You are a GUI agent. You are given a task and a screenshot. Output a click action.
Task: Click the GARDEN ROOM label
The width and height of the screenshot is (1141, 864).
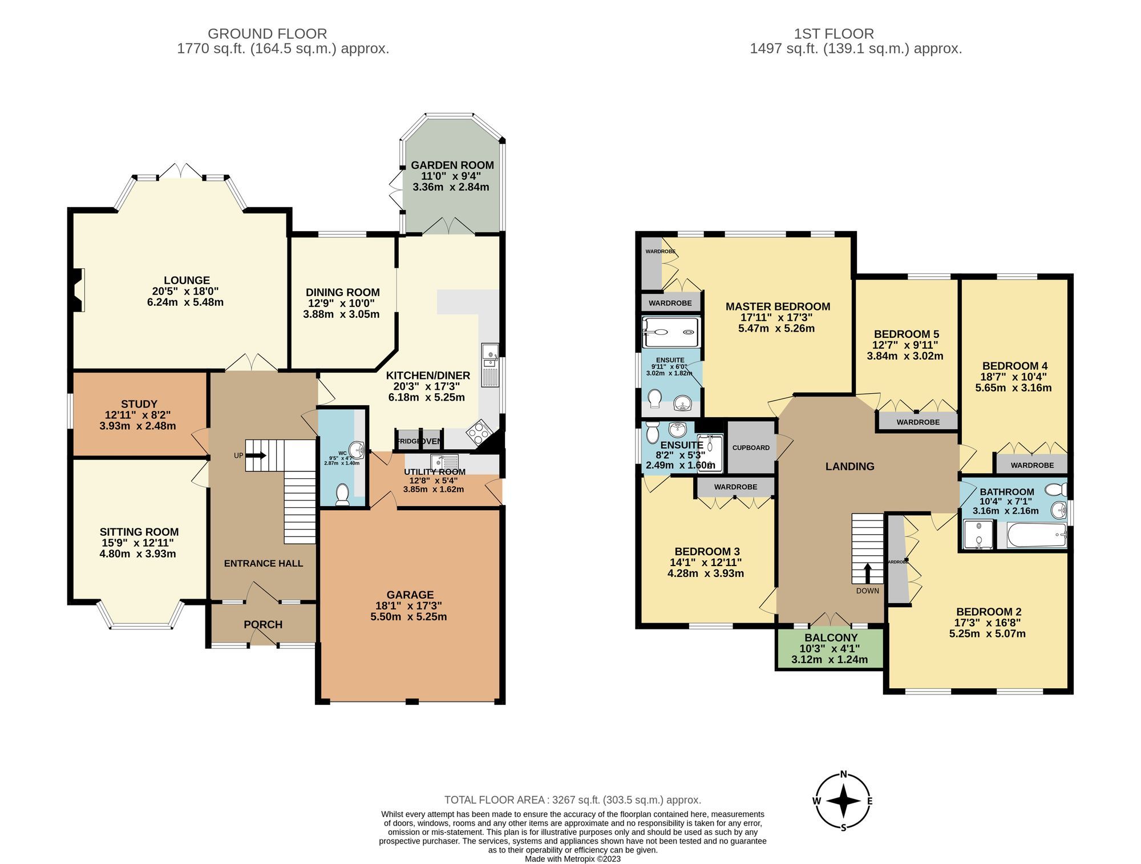pyautogui.click(x=452, y=165)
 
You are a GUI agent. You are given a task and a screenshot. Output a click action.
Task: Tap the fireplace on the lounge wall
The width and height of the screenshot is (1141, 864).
pyautogui.click(x=79, y=290)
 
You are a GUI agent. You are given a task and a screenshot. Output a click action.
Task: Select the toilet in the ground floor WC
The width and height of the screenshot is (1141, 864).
pyautogui.click(x=342, y=494)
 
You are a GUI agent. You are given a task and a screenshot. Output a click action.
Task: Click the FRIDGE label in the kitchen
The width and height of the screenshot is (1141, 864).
pyautogui.click(x=407, y=441)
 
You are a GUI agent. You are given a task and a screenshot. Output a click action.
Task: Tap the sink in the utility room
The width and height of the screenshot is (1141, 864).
pyautogui.click(x=444, y=461)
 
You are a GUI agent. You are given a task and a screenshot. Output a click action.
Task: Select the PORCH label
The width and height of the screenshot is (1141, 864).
pyautogui.click(x=263, y=624)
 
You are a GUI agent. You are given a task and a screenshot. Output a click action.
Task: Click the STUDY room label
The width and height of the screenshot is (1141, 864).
pyautogui.click(x=139, y=404)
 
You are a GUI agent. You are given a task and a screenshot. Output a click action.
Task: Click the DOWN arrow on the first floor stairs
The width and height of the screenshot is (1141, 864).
pyautogui.click(x=867, y=572)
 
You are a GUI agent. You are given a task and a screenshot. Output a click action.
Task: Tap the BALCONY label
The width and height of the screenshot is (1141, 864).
pyautogui.click(x=831, y=637)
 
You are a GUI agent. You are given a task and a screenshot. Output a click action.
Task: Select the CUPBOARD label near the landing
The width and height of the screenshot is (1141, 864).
pyautogui.click(x=751, y=447)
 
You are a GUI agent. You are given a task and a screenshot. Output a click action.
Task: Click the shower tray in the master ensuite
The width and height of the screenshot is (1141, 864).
pyautogui.click(x=670, y=332)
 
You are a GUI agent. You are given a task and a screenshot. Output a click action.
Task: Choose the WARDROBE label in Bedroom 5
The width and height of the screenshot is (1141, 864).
pyautogui.click(x=918, y=422)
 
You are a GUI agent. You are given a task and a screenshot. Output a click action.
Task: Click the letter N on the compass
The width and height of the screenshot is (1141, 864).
pyautogui.click(x=843, y=775)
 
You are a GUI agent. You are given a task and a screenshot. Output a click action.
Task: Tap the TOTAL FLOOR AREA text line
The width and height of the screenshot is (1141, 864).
pyautogui.click(x=572, y=800)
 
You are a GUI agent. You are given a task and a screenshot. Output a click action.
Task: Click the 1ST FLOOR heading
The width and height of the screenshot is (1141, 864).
pyautogui.click(x=834, y=34)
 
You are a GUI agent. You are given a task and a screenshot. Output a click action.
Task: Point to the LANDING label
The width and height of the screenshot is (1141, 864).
pyautogui.click(x=849, y=466)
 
